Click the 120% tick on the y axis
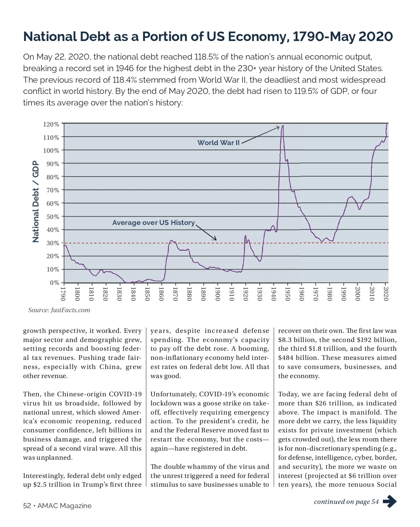51,124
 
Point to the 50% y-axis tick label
52,217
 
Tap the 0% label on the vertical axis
54,283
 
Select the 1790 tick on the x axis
63,294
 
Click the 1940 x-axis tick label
273,294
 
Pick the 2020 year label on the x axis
386,294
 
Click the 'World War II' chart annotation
218,143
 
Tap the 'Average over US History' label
153,223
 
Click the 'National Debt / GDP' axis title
35,201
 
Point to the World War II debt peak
282,126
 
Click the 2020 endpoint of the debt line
387,125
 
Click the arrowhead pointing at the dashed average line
215,239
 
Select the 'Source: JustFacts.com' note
59,310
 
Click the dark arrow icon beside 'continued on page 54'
390,501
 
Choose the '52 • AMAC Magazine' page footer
57,506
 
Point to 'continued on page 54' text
346,502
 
